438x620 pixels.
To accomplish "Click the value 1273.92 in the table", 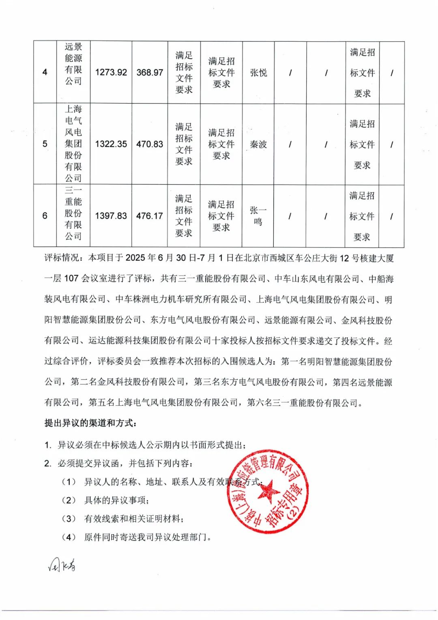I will coord(111,73).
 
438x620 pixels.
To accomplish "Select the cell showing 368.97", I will coord(150,73).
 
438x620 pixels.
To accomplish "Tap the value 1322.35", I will coord(111,144).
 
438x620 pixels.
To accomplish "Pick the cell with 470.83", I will coord(150,144).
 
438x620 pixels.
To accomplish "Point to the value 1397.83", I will coord(111,216).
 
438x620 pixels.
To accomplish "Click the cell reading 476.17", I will coord(150,216).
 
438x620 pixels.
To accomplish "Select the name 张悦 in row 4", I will coord(258,73).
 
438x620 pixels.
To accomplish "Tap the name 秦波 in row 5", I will coord(258,144).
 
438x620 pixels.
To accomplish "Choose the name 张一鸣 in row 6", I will coord(258,216).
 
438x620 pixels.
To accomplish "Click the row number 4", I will coord(45,72).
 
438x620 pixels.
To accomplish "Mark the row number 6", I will coord(45,216).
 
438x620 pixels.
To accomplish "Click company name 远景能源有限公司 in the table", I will coord(73,64).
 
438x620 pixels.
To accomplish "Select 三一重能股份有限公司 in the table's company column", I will coord(73,213).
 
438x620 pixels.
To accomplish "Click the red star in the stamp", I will coord(268,492).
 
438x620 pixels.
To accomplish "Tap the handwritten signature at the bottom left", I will coord(62,565).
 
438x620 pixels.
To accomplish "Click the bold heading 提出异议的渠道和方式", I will coord(90,423).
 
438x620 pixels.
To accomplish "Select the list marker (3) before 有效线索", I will coord(69,519).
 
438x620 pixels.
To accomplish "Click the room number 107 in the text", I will coord(71,278).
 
